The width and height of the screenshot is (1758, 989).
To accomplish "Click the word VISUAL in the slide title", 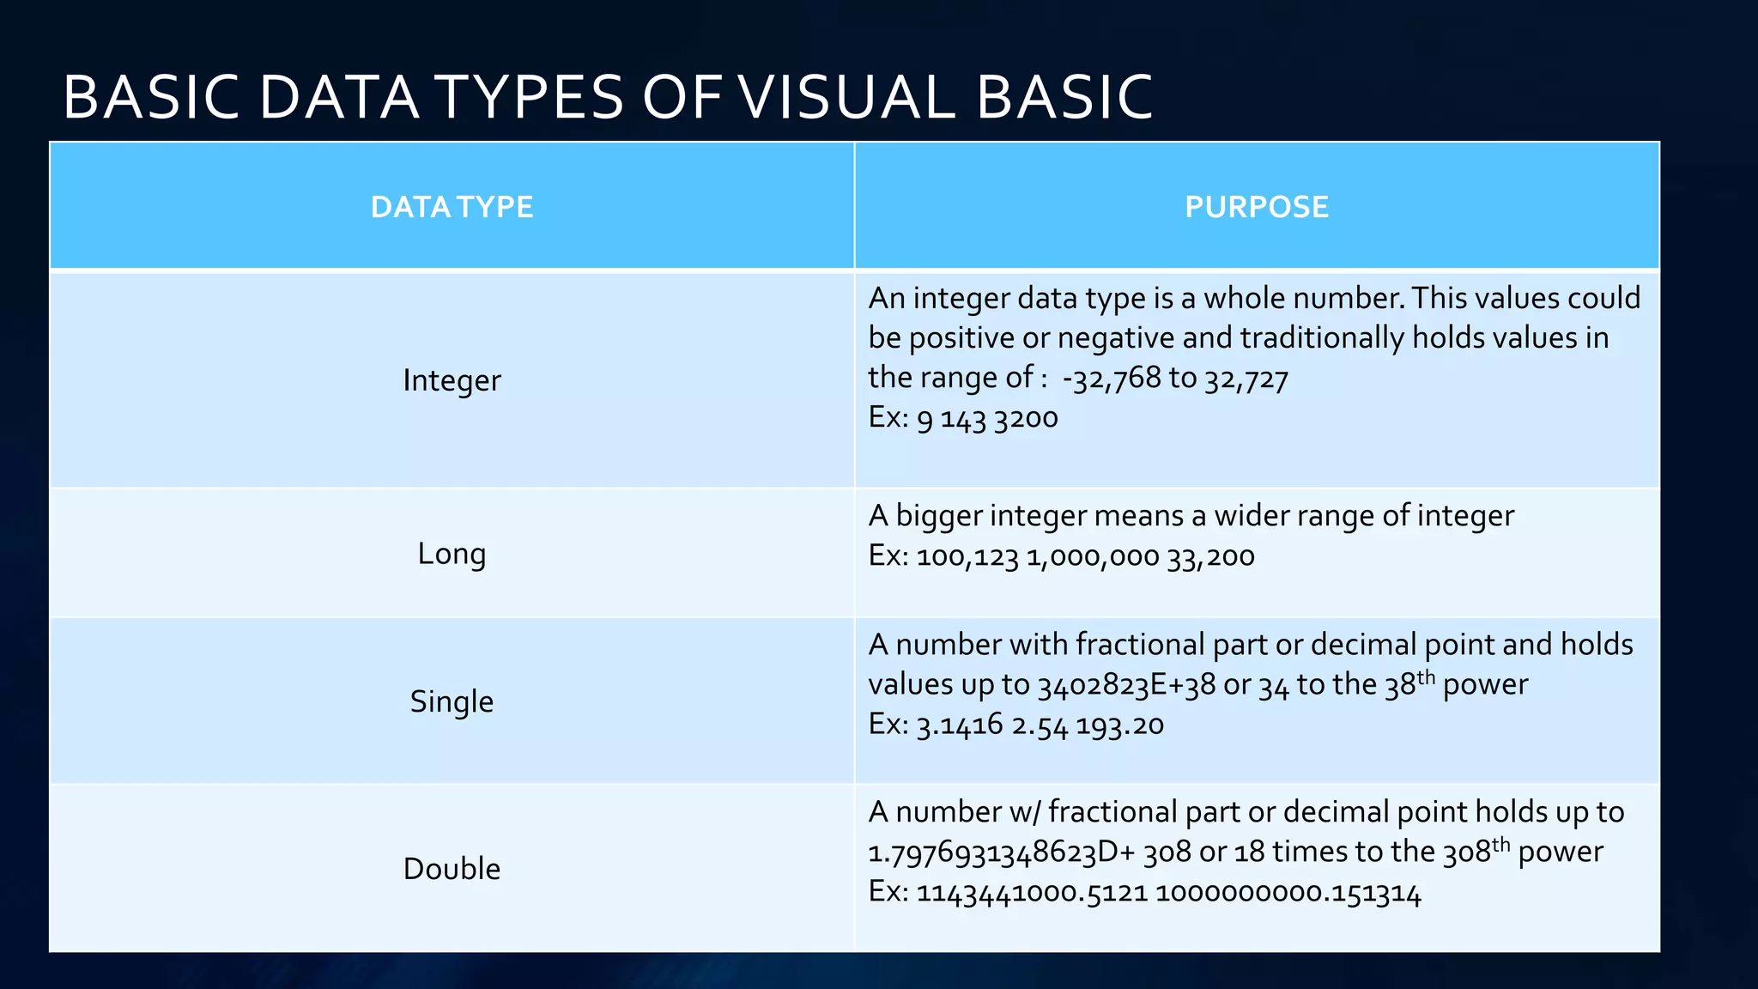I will [x=846, y=96].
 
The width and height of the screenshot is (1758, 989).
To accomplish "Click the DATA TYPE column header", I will [x=452, y=207].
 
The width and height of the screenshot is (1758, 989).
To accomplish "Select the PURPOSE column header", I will [x=1256, y=207].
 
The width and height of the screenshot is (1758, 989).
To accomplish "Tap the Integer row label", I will [x=452, y=380].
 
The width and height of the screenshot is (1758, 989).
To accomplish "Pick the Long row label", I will [x=452, y=554].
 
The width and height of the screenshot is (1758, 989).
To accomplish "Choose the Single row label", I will [x=452, y=701].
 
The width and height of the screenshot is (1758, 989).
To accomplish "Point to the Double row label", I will [x=452, y=869].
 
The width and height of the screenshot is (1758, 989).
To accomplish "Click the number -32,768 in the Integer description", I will [x=1111, y=378].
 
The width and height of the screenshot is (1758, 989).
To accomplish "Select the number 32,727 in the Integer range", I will [x=1246, y=378].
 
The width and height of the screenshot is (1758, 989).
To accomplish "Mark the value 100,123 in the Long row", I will [x=967, y=557].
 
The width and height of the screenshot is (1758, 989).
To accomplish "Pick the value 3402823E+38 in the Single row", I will [x=1126, y=685].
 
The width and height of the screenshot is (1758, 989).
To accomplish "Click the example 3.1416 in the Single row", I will [x=960, y=725].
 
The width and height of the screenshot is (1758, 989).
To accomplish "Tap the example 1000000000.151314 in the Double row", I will [x=1288, y=894].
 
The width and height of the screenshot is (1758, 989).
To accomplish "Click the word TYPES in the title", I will [x=532, y=96].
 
